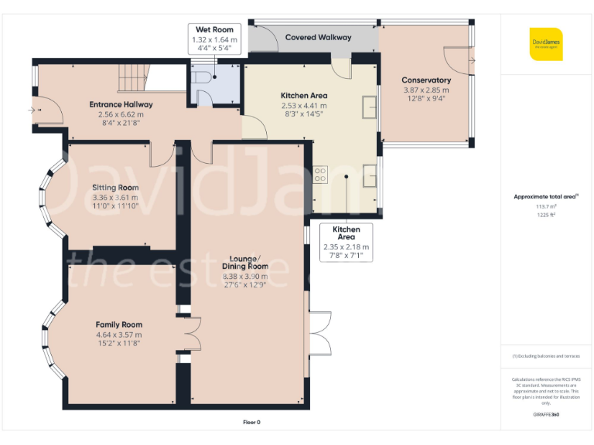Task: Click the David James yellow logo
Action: tap(546, 43)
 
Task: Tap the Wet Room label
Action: tap(214, 30)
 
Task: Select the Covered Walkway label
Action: tap(318, 37)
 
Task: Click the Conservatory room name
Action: tap(425, 80)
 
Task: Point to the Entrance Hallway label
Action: tap(121, 104)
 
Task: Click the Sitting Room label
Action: tap(115, 188)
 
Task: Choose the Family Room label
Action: tap(118, 324)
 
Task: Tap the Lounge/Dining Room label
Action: tap(245, 262)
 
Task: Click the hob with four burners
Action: tap(320, 175)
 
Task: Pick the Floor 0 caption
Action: tap(252, 422)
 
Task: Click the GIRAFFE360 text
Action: tap(546, 415)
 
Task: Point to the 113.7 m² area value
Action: tap(546, 206)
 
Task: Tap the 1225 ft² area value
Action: tap(546, 215)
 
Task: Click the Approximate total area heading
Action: tap(546, 197)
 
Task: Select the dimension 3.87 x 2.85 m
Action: tap(425, 90)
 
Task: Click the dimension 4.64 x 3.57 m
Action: tap(118, 335)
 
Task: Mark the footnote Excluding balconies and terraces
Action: tap(546, 356)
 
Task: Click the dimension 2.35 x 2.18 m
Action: tap(346, 247)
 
